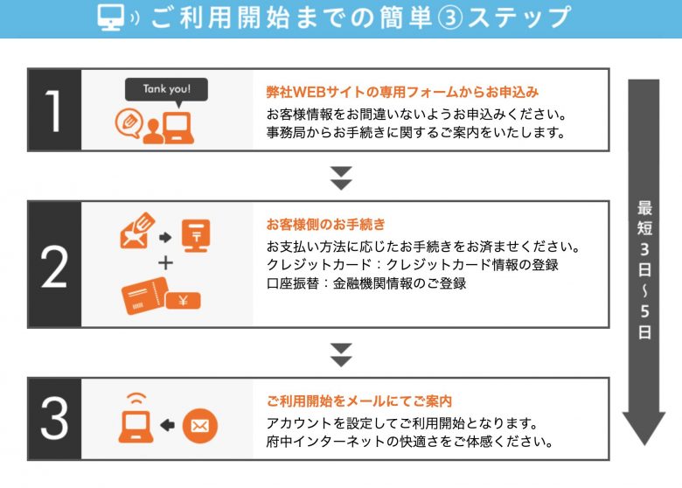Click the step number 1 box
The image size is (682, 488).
point(54,110)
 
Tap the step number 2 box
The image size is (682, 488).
point(54,264)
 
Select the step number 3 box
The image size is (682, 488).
point(54,419)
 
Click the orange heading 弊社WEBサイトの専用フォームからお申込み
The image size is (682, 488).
point(402,91)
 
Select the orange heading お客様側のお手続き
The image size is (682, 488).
point(325,224)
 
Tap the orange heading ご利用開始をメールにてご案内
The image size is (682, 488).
point(359,401)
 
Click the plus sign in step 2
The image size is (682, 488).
point(166,263)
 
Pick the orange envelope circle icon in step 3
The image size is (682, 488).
point(199,425)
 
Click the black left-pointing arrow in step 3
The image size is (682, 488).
point(168,425)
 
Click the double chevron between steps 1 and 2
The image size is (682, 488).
point(341,177)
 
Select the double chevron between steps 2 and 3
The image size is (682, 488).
point(341,354)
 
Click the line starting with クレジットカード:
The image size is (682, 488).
point(413,264)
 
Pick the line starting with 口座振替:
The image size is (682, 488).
point(366,283)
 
